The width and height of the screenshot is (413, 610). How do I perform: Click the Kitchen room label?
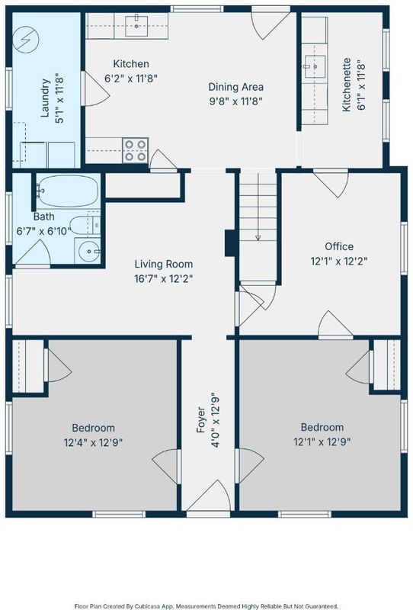[x=131, y=64]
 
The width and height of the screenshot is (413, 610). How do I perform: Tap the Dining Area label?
[x=236, y=87]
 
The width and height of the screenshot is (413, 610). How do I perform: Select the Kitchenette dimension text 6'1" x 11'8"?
[x=361, y=85]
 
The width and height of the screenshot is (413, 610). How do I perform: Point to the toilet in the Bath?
[x=86, y=225]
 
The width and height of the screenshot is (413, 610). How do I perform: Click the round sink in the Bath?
[x=88, y=252]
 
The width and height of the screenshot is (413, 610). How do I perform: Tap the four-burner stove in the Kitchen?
[x=136, y=150]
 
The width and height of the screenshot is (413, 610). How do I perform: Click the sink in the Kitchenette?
[x=315, y=66]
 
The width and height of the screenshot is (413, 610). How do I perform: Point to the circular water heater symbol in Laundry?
[x=26, y=40]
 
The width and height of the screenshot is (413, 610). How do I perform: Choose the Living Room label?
[x=164, y=264]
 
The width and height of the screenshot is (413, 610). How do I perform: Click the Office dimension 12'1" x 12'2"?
[x=339, y=261]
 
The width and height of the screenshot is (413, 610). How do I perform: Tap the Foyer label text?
[x=200, y=420]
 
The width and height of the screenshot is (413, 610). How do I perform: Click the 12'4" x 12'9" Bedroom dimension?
[x=93, y=442]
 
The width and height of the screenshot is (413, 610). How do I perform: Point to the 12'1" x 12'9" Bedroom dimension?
[x=322, y=442]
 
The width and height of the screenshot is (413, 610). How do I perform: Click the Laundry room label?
[x=45, y=98]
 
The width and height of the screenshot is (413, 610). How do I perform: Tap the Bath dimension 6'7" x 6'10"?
[x=43, y=231]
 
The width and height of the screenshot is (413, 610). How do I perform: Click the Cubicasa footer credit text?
[x=206, y=606]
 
